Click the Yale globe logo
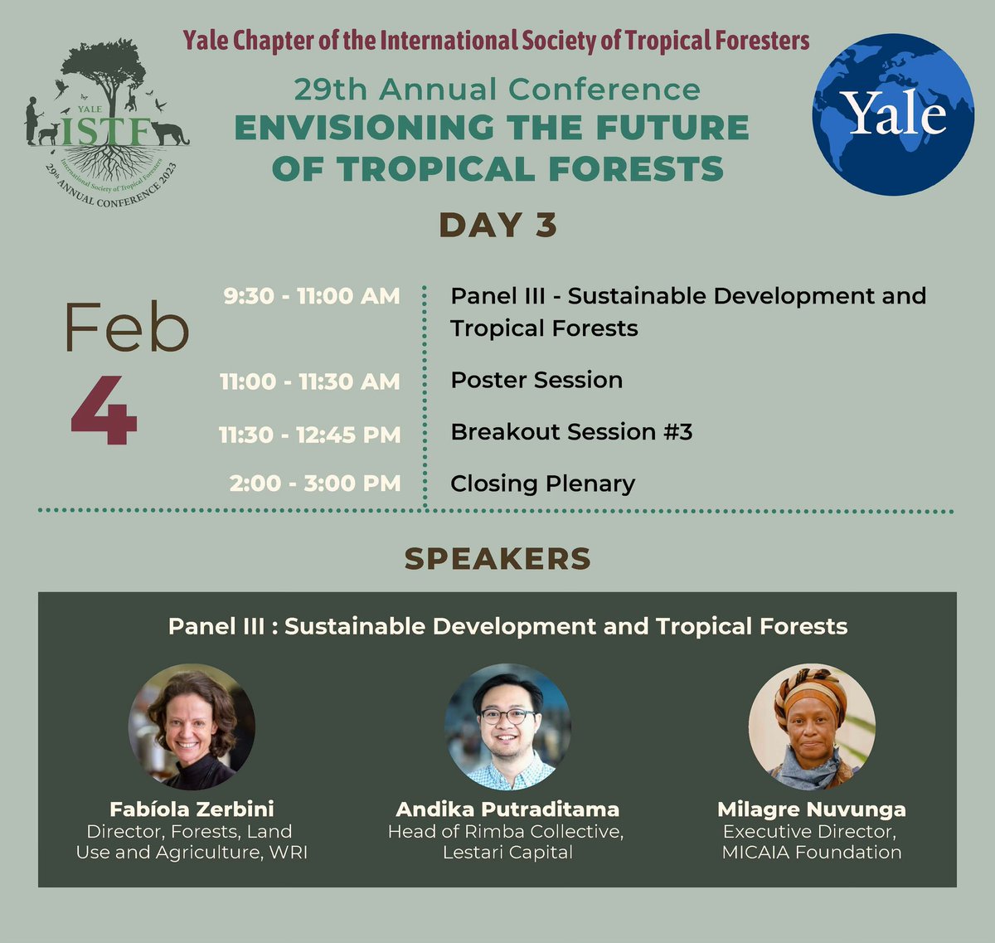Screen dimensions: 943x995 [893, 114]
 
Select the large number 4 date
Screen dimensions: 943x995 [104, 411]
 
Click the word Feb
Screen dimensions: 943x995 [127, 328]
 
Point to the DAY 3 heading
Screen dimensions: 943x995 [498, 226]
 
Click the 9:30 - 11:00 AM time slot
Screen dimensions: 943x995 [312, 296]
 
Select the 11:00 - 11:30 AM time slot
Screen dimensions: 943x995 [310, 382]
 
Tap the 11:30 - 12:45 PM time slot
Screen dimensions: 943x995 [310, 434]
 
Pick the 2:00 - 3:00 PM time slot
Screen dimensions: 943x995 [315, 484]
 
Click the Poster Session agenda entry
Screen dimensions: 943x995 [536, 381]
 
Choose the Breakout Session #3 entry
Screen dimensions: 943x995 [571, 432]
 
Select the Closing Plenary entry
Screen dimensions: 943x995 [543, 484]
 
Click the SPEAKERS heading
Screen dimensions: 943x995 [498, 559]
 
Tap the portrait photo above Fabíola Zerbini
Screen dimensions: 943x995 [192, 727]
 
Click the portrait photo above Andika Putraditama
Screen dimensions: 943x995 [507, 727]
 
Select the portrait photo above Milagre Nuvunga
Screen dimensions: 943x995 [812, 727]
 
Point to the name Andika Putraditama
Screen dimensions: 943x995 [507, 809]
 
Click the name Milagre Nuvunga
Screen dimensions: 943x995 [812, 809]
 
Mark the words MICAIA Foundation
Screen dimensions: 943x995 [812, 853]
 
